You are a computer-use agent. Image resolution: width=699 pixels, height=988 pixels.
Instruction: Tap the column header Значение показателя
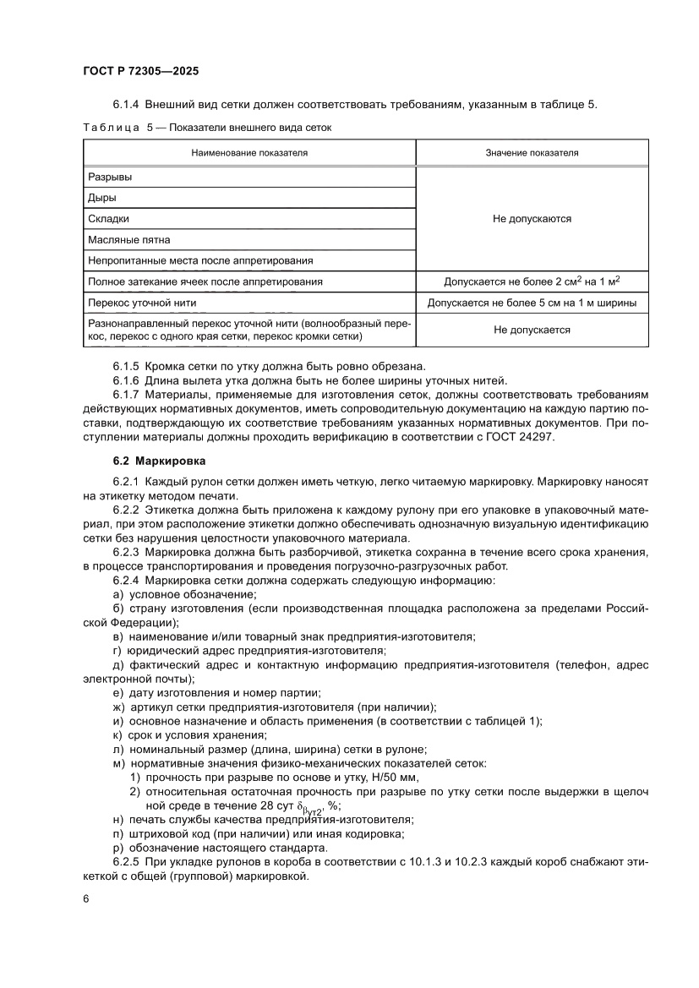pos(532,153)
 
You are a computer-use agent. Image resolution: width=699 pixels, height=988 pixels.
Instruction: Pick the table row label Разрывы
pos(110,177)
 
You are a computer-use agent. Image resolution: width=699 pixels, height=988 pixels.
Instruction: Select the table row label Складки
pos(108,218)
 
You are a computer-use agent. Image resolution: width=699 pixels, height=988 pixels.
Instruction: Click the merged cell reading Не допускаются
pos(532,219)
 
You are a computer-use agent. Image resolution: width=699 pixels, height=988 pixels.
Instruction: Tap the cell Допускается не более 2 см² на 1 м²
pos(532,281)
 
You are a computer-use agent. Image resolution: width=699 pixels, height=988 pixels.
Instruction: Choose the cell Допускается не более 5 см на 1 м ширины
pos(532,303)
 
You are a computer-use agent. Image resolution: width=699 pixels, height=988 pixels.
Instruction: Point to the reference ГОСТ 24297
pos(525,436)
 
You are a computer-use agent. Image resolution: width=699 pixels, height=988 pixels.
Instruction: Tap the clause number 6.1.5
pos(127,366)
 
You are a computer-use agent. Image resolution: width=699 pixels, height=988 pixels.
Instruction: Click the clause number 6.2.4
pos(127,581)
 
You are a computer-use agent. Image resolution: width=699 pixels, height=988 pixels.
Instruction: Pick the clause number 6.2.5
pos(127,862)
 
